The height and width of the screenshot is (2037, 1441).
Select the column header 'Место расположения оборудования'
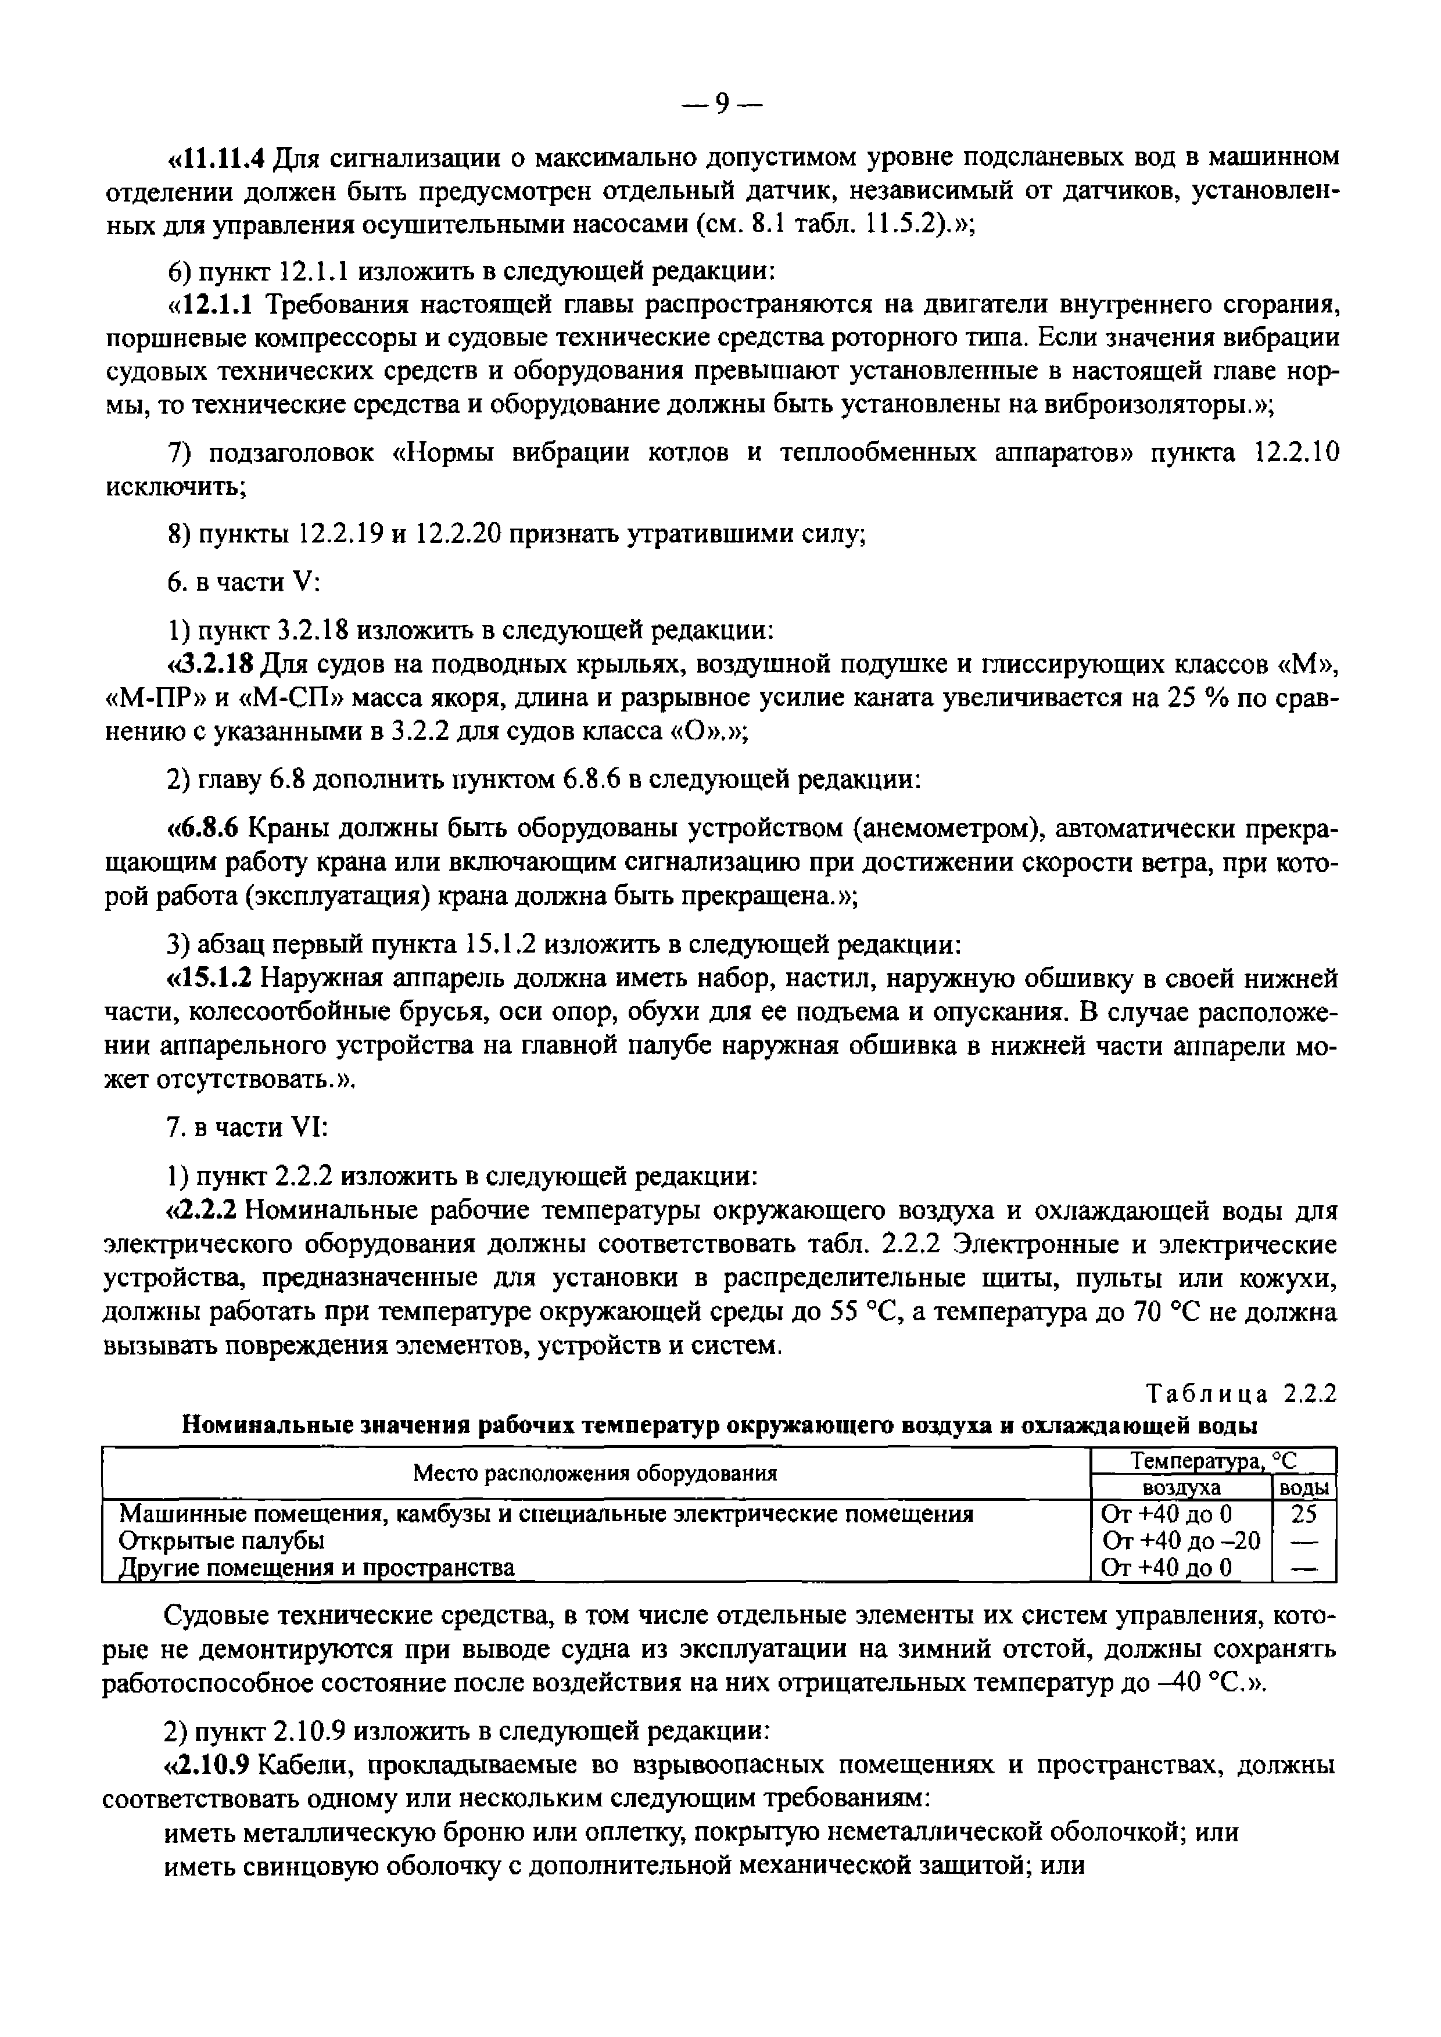pyautogui.click(x=594, y=1474)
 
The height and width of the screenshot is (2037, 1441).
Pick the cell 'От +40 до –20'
pyautogui.click(x=1180, y=1540)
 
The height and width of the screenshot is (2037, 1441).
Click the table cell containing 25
pyautogui.click(x=1303, y=1514)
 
